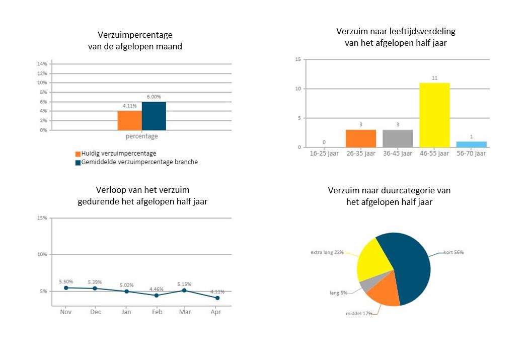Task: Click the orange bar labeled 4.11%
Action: tap(130, 120)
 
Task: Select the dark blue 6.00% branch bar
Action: tap(154, 116)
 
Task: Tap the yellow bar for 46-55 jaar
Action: tap(434, 115)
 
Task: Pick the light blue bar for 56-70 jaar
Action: tap(471, 145)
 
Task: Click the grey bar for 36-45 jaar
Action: tap(398, 138)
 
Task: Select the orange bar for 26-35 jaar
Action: tap(361, 138)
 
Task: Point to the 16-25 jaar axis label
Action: tap(324, 154)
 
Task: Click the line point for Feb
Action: tap(157, 295)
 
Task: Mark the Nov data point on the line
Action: tap(66, 287)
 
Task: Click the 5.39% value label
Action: tap(96, 282)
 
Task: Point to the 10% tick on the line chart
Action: tap(42, 255)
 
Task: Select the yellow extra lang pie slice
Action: tap(373, 259)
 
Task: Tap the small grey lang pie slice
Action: tap(364, 286)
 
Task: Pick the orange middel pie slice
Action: tap(384, 295)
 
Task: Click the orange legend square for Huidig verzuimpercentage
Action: tap(78, 154)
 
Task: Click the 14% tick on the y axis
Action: tap(42, 64)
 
